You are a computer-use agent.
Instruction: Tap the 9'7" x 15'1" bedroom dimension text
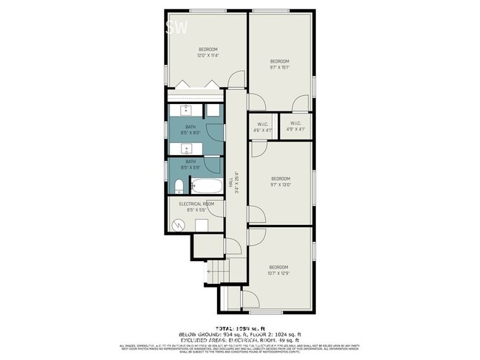tap(278, 67)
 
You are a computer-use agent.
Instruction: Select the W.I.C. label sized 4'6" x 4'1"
tap(262, 131)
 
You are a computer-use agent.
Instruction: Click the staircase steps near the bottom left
tap(215, 274)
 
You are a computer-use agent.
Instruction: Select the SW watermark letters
tap(176, 28)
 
